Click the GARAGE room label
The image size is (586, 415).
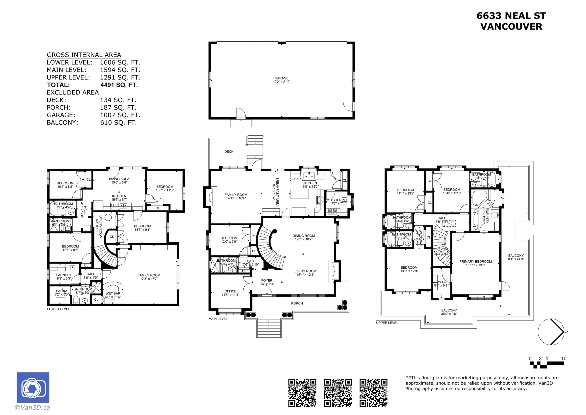(281, 78)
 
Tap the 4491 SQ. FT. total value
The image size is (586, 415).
(119, 85)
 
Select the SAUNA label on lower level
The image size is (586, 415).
(62, 291)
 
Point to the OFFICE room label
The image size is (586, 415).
(230, 291)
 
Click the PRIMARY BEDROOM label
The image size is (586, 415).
(475, 262)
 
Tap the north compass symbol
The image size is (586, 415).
(551, 332)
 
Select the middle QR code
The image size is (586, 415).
(338, 392)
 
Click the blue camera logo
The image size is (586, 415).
(33, 388)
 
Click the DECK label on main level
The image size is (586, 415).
(229, 152)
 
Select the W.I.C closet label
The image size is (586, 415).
(442, 282)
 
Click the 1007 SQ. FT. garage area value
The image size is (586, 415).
(120, 115)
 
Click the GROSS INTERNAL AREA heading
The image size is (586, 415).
(84, 55)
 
